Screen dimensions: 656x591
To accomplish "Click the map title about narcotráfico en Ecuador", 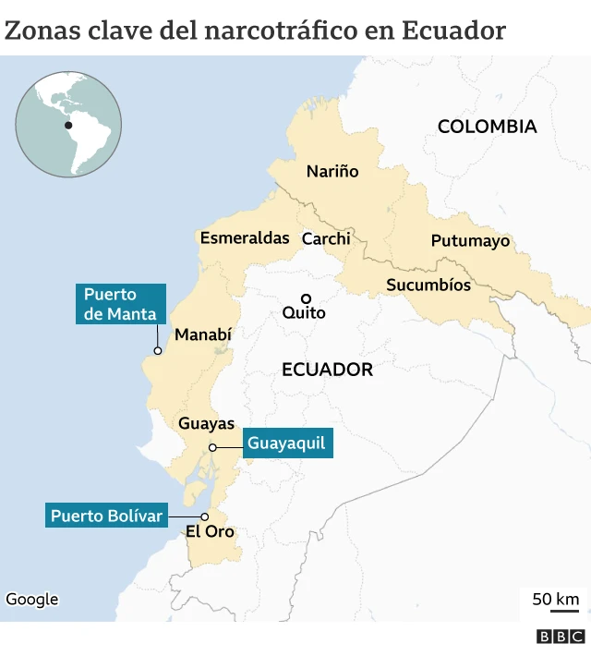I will point(255,30).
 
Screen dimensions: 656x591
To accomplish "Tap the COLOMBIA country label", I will point(487,127).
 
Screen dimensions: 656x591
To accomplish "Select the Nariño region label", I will point(332,171).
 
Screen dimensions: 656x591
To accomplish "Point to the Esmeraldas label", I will point(245,237).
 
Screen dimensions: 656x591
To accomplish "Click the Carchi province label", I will point(326,238).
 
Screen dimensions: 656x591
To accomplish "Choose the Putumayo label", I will point(470,241).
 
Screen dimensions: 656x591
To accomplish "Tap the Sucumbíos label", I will point(428,285).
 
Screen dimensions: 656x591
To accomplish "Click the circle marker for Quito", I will point(305,298).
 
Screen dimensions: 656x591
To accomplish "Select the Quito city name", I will point(304,313).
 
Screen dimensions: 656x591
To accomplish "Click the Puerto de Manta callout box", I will point(121,304).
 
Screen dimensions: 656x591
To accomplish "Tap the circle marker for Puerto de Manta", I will point(158,351).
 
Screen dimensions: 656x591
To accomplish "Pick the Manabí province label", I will point(203,334).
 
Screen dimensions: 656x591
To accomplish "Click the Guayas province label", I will point(206,424).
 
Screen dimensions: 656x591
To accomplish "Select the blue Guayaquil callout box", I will point(286,443).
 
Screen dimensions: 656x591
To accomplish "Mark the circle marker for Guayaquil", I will point(212,447).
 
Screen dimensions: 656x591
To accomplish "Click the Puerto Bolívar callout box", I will point(107,515).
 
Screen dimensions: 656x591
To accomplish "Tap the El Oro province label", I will point(210,532).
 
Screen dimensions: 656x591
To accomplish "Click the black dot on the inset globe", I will point(68,126).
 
